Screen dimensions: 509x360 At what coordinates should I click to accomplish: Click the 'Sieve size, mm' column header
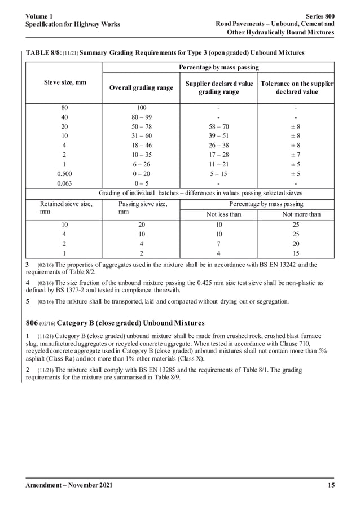point(63,82)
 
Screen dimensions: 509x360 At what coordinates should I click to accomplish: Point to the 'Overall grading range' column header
point(141,88)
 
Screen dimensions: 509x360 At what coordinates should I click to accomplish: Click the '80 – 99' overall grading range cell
point(141,117)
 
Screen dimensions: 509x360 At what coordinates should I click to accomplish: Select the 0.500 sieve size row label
point(63,174)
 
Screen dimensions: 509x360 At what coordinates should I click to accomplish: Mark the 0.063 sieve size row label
point(63,183)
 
